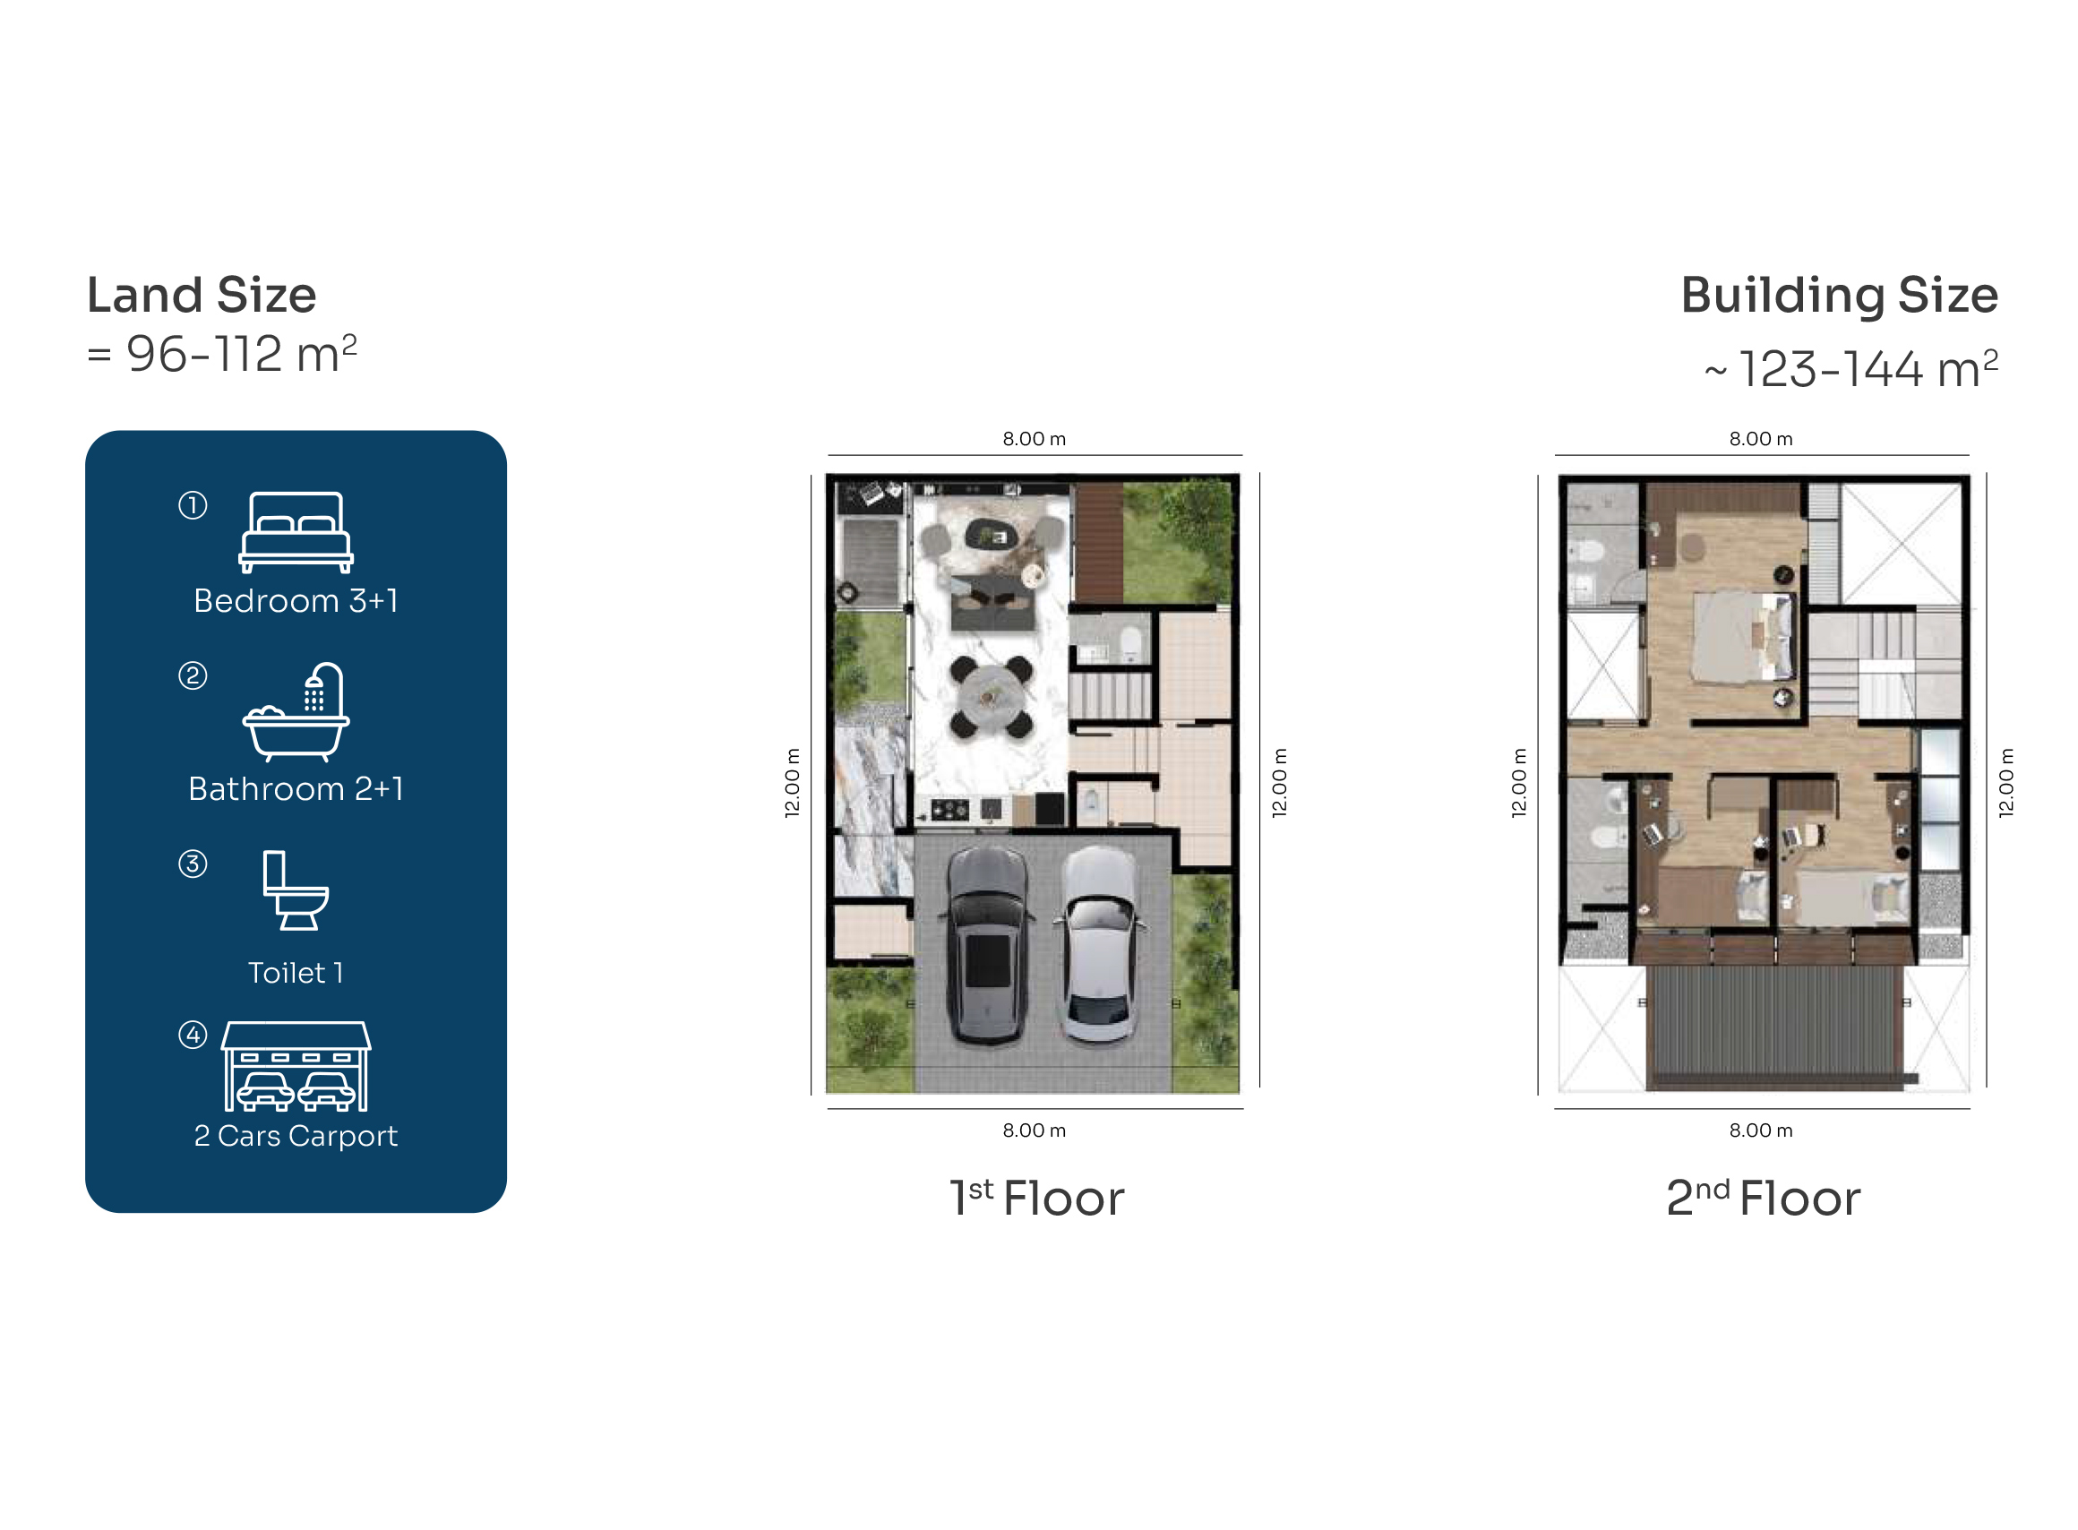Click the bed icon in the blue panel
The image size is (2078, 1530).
[296, 531]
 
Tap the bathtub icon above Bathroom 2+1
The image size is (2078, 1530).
[296, 711]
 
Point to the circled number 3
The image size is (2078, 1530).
[193, 864]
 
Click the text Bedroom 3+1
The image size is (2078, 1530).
[296, 600]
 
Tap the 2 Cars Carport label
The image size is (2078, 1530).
[296, 1136]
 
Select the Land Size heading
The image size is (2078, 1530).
[201, 295]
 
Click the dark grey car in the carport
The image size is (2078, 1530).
[987, 947]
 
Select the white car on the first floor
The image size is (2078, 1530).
[1098, 945]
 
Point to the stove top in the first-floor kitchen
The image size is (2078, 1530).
[950, 810]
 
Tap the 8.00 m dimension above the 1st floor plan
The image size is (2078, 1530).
[1034, 438]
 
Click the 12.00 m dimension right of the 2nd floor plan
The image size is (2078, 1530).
[2005, 782]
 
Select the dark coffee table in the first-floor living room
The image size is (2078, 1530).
[991, 535]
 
